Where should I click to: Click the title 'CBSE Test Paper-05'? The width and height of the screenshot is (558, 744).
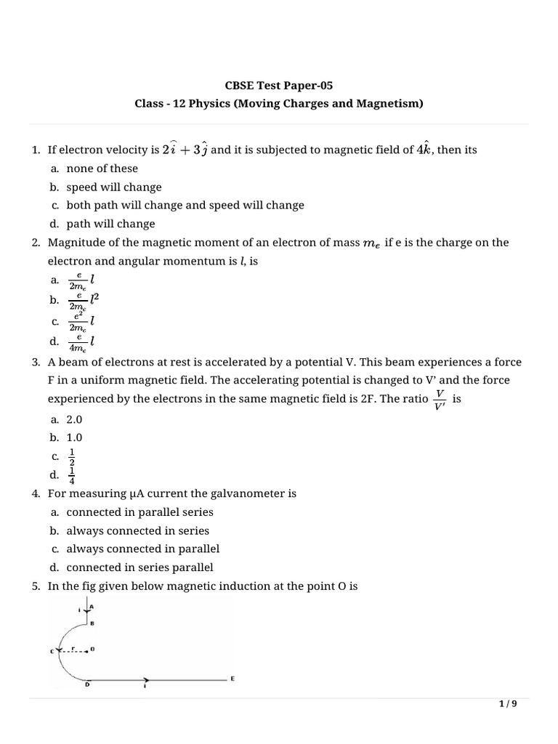pyautogui.click(x=279, y=85)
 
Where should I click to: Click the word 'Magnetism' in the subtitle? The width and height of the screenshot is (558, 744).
pyautogui.click(x=389, y=104)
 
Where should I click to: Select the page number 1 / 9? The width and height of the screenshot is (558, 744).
pyautogui.click(x=508, y=704)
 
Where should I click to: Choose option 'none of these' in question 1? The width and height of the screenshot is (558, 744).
pyautogui.click(x=102, y=169)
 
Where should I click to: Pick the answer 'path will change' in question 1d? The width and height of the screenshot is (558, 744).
pyautogui.click(x=110, y=224)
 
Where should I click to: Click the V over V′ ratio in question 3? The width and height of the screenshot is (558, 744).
pyautogui.click(x=439, y=399)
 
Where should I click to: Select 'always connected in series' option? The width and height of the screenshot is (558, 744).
pyautogui.click(x=138, y=530)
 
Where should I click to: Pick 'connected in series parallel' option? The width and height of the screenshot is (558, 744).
pyautogui.click(x=140, y=567)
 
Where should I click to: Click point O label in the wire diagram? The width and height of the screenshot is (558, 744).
pyautogui.click(x=92, y=649)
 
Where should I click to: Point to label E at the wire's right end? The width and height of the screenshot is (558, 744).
pyautogui.click(x=232, y=678)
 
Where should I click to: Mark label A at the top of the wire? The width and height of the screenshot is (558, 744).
pyautogui.click(x=92, y=606)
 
